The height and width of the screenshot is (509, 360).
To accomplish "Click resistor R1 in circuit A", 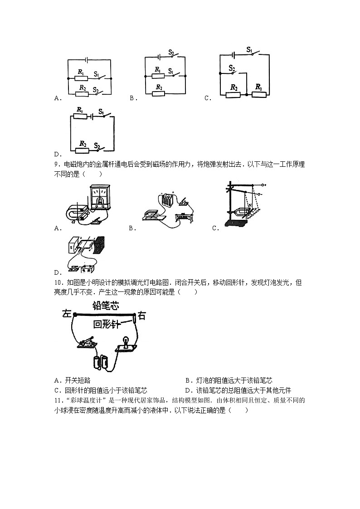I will coord(81,78).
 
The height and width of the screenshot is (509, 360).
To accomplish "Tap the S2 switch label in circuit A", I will coord(96,90).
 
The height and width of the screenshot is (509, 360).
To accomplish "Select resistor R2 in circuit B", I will coord(159,93).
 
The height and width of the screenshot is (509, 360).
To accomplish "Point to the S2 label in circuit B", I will coord(171,52).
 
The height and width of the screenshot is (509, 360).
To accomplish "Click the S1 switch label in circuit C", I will coord(249,49).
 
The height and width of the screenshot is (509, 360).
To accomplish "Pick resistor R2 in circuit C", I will coord(233,94).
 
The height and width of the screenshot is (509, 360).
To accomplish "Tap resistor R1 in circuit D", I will coord(80,116).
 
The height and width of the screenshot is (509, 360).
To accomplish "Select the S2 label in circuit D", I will coord(97,145).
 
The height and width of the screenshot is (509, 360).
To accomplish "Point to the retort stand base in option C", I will coord(236,223).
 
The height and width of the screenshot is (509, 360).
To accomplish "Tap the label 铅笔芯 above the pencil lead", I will coord(106,306).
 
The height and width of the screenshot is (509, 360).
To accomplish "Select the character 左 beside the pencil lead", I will coord(67,314).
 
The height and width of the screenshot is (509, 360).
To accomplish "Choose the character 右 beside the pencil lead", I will coord(141,316).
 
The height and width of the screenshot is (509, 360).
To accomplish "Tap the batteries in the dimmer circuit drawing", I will coord(99,362).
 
